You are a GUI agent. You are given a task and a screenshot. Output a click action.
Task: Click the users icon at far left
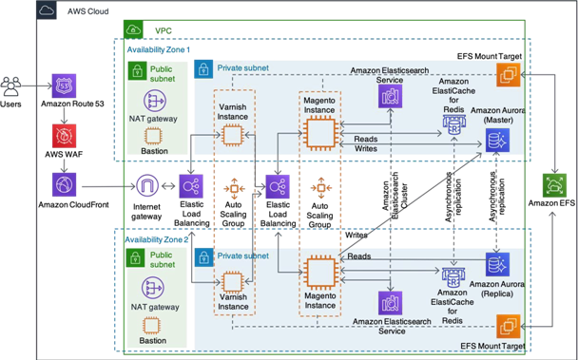[14, 86]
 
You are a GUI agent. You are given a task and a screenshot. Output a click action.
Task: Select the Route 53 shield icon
[64, 86]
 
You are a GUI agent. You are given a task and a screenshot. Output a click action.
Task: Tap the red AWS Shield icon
[64, 136]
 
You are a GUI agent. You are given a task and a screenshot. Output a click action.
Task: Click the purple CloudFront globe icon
[64, 185]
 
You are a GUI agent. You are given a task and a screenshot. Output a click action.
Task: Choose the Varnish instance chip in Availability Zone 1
[229, 136]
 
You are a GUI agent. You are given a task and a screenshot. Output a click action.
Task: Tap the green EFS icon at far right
[551, 185]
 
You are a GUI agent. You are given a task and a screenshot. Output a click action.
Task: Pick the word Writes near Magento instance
[365, 147]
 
